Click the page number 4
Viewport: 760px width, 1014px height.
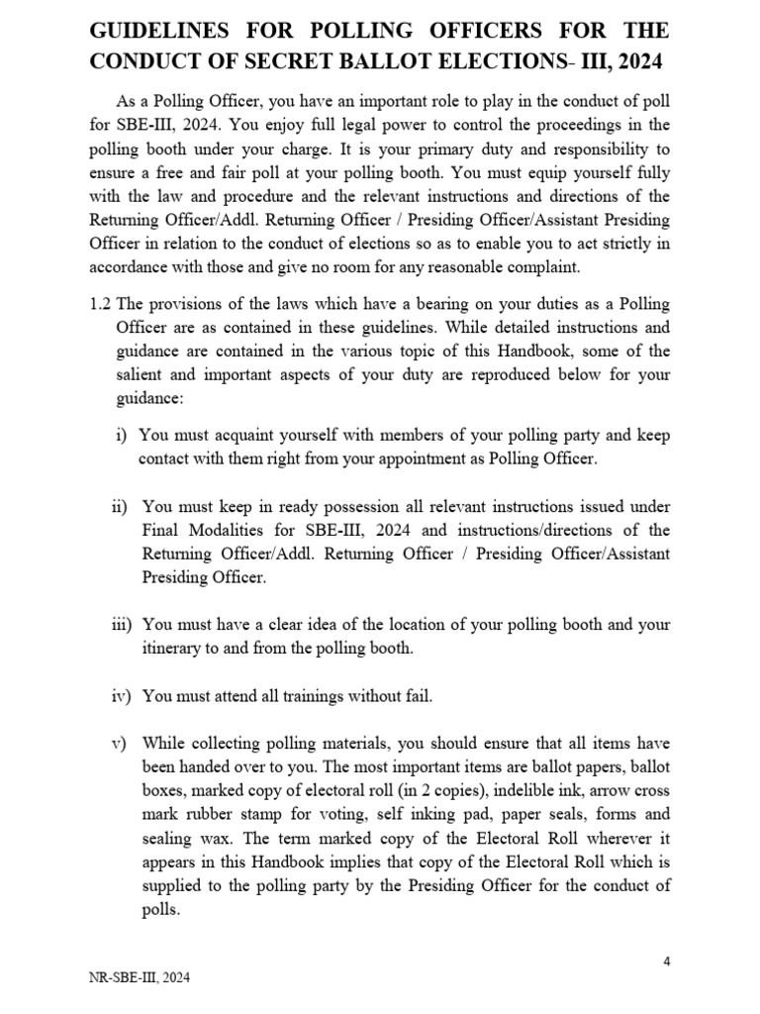tap(666, 962)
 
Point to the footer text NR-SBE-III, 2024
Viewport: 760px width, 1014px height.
tap(140, 978)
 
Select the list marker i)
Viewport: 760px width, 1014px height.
tap(122, 435)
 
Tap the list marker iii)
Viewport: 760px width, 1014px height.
tap(125, 625)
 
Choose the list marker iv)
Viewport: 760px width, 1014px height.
tap(125, 696)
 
